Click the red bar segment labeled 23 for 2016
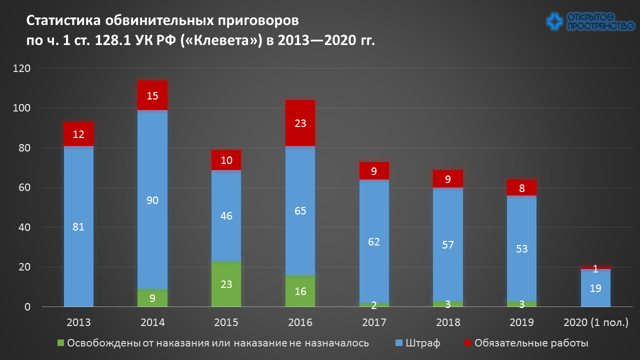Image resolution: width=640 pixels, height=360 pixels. tap(300, 123)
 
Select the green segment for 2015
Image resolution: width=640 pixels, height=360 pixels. tap(226, 284)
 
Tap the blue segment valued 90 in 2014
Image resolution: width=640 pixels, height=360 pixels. tap(152, 200)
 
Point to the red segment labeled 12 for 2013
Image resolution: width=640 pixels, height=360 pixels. tap(78, 134)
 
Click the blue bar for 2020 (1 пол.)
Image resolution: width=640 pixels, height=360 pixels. tap(595, 288)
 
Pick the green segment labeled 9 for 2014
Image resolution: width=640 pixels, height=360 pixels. tap(152, 298)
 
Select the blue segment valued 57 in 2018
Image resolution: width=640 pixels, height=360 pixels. tap(447, 245)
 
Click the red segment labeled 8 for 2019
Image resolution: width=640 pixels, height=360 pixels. tap(521, 188)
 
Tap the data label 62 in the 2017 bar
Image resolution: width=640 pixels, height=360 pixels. tap(374, 242)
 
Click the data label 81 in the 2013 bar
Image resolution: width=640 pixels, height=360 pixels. tap(78, 226)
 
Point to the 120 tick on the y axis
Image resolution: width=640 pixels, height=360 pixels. tap(23, 68)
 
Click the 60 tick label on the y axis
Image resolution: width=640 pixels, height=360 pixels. tap(25, 188)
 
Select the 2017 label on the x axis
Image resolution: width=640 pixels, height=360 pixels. tap(374, 322)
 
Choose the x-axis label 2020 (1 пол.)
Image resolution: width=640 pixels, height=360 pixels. tap(595, 322)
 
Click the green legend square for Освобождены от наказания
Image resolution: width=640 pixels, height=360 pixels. tap(61, 343)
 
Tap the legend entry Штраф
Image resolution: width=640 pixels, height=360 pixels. tap(422, 343)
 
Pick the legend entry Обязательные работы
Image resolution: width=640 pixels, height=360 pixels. tap(531, 343)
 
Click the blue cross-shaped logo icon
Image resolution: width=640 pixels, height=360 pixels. tap(555, 21)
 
